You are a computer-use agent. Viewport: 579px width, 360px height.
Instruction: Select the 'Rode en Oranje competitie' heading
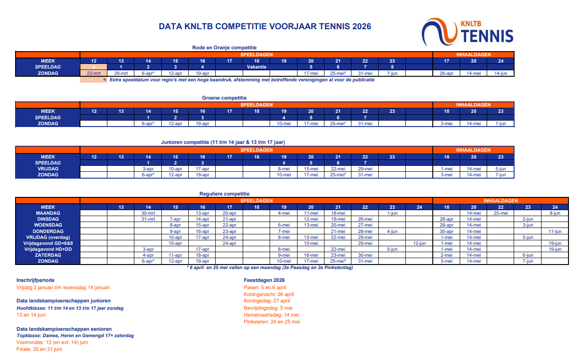[x=224, y=48]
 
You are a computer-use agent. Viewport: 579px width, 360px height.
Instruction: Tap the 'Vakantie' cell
[x=256, y=67]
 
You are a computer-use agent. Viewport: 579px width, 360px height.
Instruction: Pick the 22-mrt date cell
[x=94, y=73]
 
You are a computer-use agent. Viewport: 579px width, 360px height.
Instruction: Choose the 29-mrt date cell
[x=121, y=73]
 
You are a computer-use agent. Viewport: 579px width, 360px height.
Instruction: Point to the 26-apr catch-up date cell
[x=446, y=73]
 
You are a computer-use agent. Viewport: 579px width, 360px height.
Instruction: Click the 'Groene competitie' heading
[x=224, y=98]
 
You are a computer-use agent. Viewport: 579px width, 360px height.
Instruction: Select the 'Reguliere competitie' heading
[x=224, y=194]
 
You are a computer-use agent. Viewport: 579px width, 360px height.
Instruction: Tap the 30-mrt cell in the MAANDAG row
[x=148, y=213]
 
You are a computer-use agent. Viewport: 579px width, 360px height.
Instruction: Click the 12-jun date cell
[x=419, y=243]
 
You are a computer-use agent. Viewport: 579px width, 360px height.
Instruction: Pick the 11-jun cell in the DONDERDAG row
[x=555, y=231]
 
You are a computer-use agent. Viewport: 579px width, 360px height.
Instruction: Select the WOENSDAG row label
[x=48, y=225]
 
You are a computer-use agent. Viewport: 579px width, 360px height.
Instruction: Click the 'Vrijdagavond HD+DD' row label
[x=48, y=249]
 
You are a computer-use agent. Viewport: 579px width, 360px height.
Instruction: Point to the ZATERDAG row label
[x=48, y=255]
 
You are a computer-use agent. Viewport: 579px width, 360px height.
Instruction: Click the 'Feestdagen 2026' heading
[x=265, y=280]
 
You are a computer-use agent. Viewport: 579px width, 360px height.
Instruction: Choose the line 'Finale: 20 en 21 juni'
[x=39, y=349]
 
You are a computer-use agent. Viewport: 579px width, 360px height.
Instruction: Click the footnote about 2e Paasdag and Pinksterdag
[x=270, y=268]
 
